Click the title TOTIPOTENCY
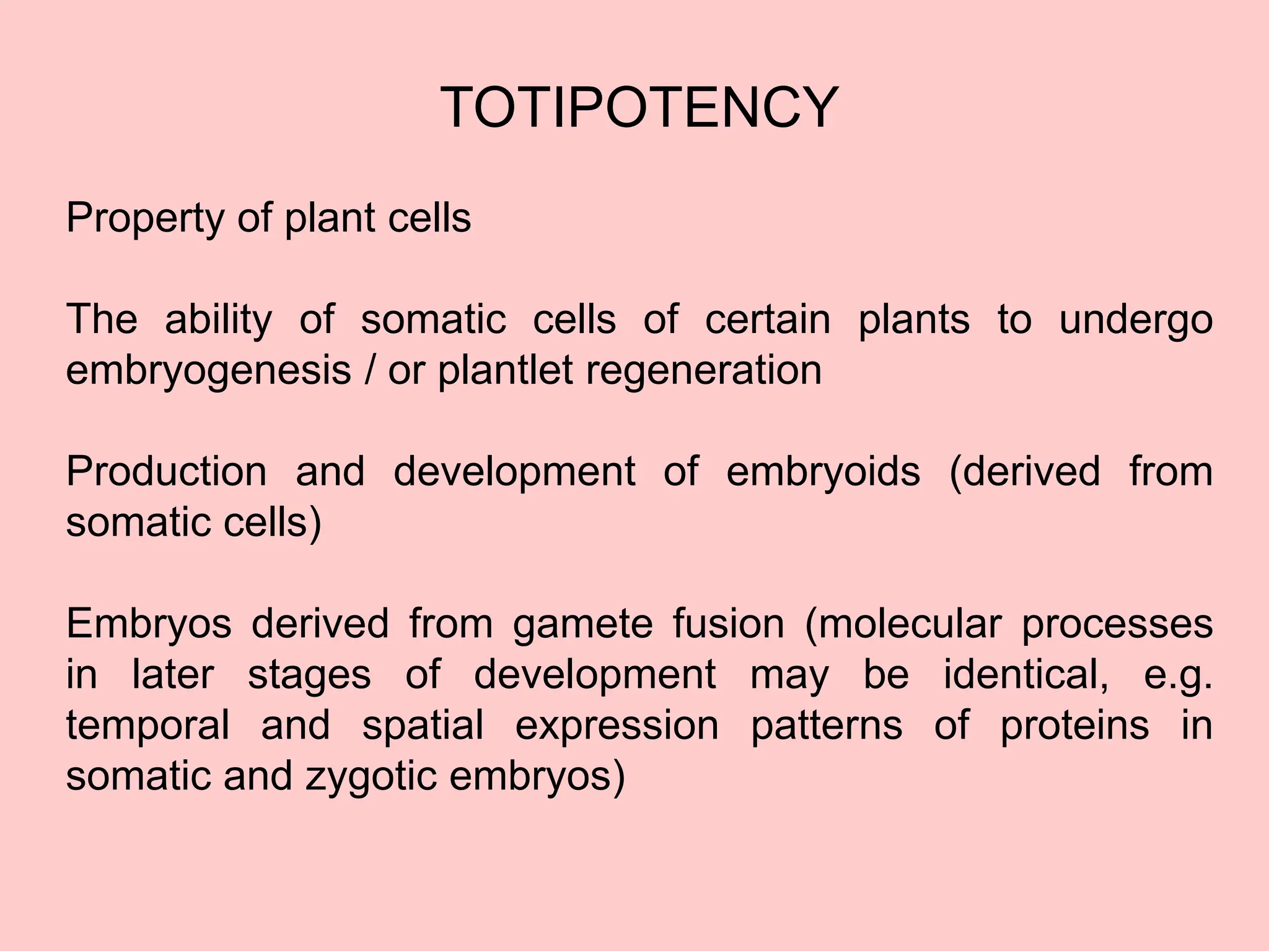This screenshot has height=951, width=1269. tap(639, 108)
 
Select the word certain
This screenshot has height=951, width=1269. tap(767, 319)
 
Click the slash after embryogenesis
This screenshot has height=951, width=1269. tap(370, 370)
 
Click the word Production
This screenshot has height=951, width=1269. tap(166, 471)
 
